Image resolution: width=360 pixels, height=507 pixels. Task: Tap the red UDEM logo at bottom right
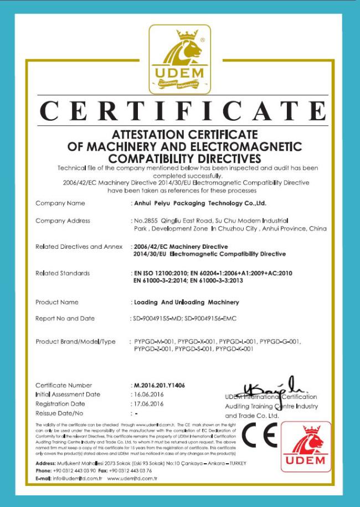(306, 447)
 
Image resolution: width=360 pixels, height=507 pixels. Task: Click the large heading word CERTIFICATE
(183, 111)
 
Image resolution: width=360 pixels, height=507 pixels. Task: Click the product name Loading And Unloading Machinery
(186, 303)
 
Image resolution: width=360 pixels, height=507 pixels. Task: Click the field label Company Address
(63, 221)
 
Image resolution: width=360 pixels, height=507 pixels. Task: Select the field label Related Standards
(63, 273)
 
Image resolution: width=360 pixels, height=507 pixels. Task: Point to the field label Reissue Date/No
(59, 413)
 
